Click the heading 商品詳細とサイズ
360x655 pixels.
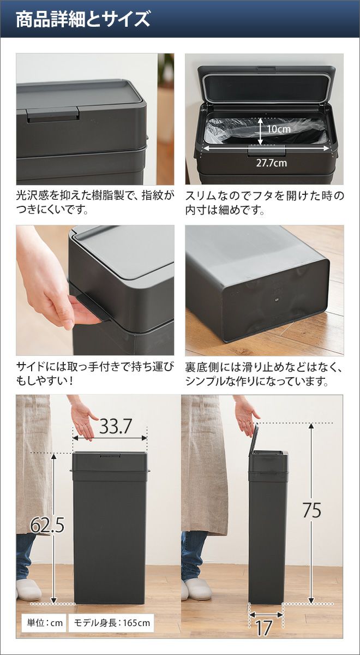click(83, 19)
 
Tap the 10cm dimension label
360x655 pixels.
click(279, 129)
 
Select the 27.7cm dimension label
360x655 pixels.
click(272, 163)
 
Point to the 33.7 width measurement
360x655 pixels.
click(116, 426)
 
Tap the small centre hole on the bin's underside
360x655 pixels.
click(276, 300)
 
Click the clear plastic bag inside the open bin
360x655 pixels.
click(266, 132)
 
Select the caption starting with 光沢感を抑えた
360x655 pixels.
click(95, 203)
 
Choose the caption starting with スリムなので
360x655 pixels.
click(265, 203)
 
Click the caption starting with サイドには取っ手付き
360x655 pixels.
click(95, 374)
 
